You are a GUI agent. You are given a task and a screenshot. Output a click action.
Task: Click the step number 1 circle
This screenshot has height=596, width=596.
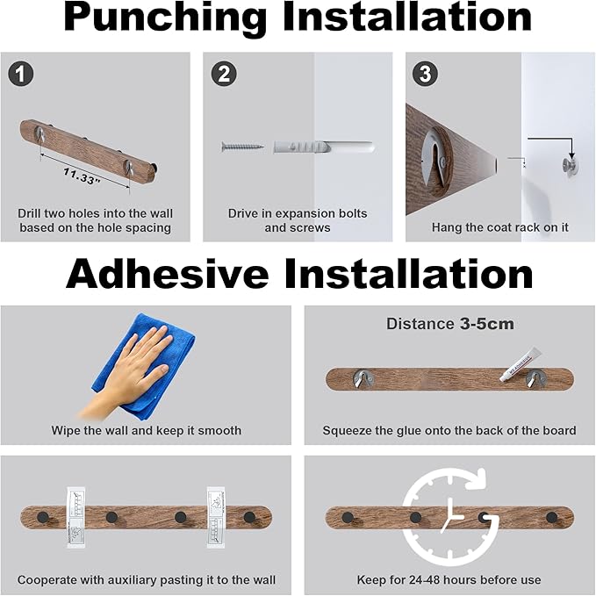[x=21, y=74]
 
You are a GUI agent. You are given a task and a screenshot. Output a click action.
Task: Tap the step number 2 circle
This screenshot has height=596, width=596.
[x=224, y=74]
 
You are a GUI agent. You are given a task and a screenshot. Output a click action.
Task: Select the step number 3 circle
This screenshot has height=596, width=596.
[x=425, y=74]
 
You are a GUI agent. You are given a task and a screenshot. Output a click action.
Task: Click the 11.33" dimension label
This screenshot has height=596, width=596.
[x=82, y=176]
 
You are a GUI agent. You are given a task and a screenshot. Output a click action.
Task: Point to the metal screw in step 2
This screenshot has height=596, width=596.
[x=242, y=146]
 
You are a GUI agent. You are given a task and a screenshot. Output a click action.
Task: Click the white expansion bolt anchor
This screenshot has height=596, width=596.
[x=324, y=147]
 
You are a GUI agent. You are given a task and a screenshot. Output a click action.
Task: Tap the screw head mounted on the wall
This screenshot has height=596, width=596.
[x=570, y=164]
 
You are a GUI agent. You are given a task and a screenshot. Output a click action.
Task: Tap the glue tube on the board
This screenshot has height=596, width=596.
[x=520, y=364]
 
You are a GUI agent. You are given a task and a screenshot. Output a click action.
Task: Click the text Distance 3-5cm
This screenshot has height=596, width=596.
[x=450, y=324]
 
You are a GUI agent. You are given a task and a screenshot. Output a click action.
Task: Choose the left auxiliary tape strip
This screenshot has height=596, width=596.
[x=75, y=517]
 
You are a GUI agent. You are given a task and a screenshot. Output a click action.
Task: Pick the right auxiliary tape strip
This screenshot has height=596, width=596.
[x=216, y=517]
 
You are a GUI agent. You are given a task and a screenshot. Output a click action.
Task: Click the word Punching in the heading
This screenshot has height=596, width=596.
[x=165, y=17]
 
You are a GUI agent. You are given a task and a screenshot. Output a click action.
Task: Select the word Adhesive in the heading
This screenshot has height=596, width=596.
[x=168, y=274]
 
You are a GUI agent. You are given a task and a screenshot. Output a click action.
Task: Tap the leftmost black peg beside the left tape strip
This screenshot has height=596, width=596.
[x=43, y=517]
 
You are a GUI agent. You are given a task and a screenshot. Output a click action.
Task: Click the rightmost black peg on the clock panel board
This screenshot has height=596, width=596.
[x=552, y=517]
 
